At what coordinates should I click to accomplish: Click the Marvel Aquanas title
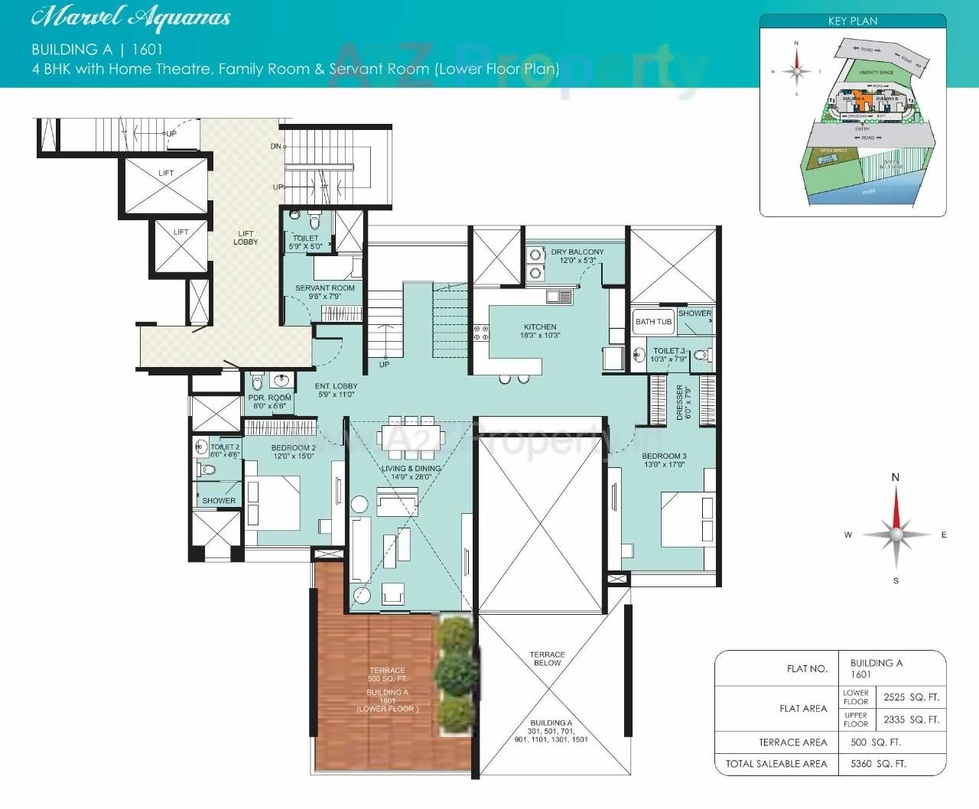[x=132, y=18]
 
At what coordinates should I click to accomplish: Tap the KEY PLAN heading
[x=852, y=21]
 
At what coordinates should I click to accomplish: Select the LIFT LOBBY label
[x=246, y=238]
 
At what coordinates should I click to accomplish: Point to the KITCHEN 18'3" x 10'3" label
[x=540, y=331]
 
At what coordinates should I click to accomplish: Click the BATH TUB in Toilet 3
[x=653, y=322]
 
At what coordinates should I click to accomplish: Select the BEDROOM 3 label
[x=664, y=460]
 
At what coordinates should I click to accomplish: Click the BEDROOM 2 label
[x=293, y=452]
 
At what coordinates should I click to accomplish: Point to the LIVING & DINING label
[x=411, y=473]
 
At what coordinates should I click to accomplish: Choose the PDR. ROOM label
[x=269, y=401]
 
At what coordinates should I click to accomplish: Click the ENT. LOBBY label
[x=337, y=390]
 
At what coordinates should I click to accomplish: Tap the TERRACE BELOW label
[x=547, y=658]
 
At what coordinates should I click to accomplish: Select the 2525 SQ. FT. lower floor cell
[x=911, y=697]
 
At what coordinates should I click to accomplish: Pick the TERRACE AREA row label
[x=792, y=742]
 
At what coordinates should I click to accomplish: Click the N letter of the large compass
[x=896, y=477]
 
